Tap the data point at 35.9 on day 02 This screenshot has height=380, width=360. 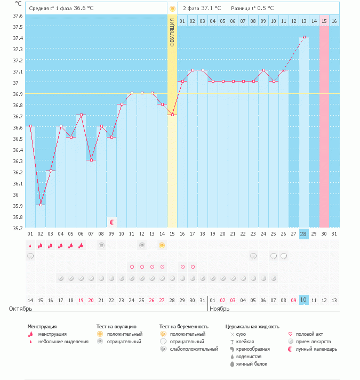(x=41, y=205)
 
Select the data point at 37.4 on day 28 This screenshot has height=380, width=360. (x=304, y=37)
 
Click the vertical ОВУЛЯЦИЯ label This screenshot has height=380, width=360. (x=172, y=32)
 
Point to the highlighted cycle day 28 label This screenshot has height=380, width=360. (x=304, y=234)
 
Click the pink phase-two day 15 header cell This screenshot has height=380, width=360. (x=324, y=21)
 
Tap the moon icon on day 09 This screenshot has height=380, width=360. (x=111, y=222)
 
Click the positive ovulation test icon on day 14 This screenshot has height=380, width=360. (x=162, y=245)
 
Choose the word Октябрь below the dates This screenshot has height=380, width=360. (x=21, y=309)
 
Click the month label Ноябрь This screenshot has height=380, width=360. (x=219, y=309)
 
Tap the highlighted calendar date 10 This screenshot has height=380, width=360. (x=304, y=300)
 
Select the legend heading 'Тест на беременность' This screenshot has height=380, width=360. (x=183, y=326)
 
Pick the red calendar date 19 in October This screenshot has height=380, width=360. (x=81, y=301)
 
